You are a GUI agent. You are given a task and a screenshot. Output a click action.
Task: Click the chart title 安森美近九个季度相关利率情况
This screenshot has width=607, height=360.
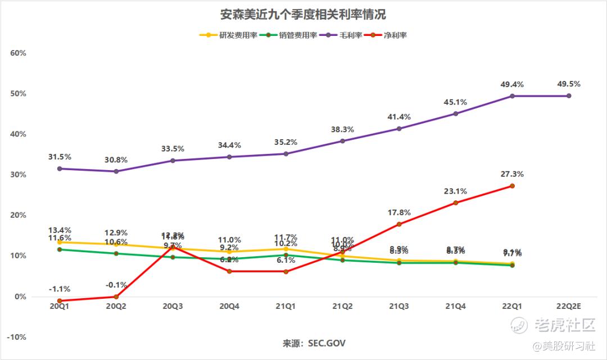pos(303,14)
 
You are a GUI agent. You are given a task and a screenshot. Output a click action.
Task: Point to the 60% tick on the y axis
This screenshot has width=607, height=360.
pos(19,53)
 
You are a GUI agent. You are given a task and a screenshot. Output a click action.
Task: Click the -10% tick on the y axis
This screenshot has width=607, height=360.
pos(17,337)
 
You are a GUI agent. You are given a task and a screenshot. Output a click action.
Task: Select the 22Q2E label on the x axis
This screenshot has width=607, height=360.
pos(568,306)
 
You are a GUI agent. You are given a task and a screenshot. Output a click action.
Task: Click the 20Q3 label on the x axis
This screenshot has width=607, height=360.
pos(173,306)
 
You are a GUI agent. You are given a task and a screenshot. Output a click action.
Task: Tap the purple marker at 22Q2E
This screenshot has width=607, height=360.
pos(569,96)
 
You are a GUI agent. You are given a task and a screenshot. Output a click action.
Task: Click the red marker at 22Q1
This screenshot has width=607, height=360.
pos(512,186)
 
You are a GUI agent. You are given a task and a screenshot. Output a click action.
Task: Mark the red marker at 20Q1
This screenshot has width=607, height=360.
pos(59,301)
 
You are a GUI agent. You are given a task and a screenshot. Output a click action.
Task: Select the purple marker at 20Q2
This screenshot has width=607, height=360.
pos(116,171)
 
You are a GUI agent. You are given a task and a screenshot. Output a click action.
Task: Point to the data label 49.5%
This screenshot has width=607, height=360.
pos(569,84)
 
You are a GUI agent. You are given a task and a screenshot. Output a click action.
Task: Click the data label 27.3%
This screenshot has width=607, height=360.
pos(512,174)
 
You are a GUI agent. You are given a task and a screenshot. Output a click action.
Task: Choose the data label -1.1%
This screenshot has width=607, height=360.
pos(59,289)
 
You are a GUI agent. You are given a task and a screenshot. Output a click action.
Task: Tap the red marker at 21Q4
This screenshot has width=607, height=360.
pos(455,203)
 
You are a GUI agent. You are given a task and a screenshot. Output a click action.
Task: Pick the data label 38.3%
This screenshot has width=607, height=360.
pos(342,129)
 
